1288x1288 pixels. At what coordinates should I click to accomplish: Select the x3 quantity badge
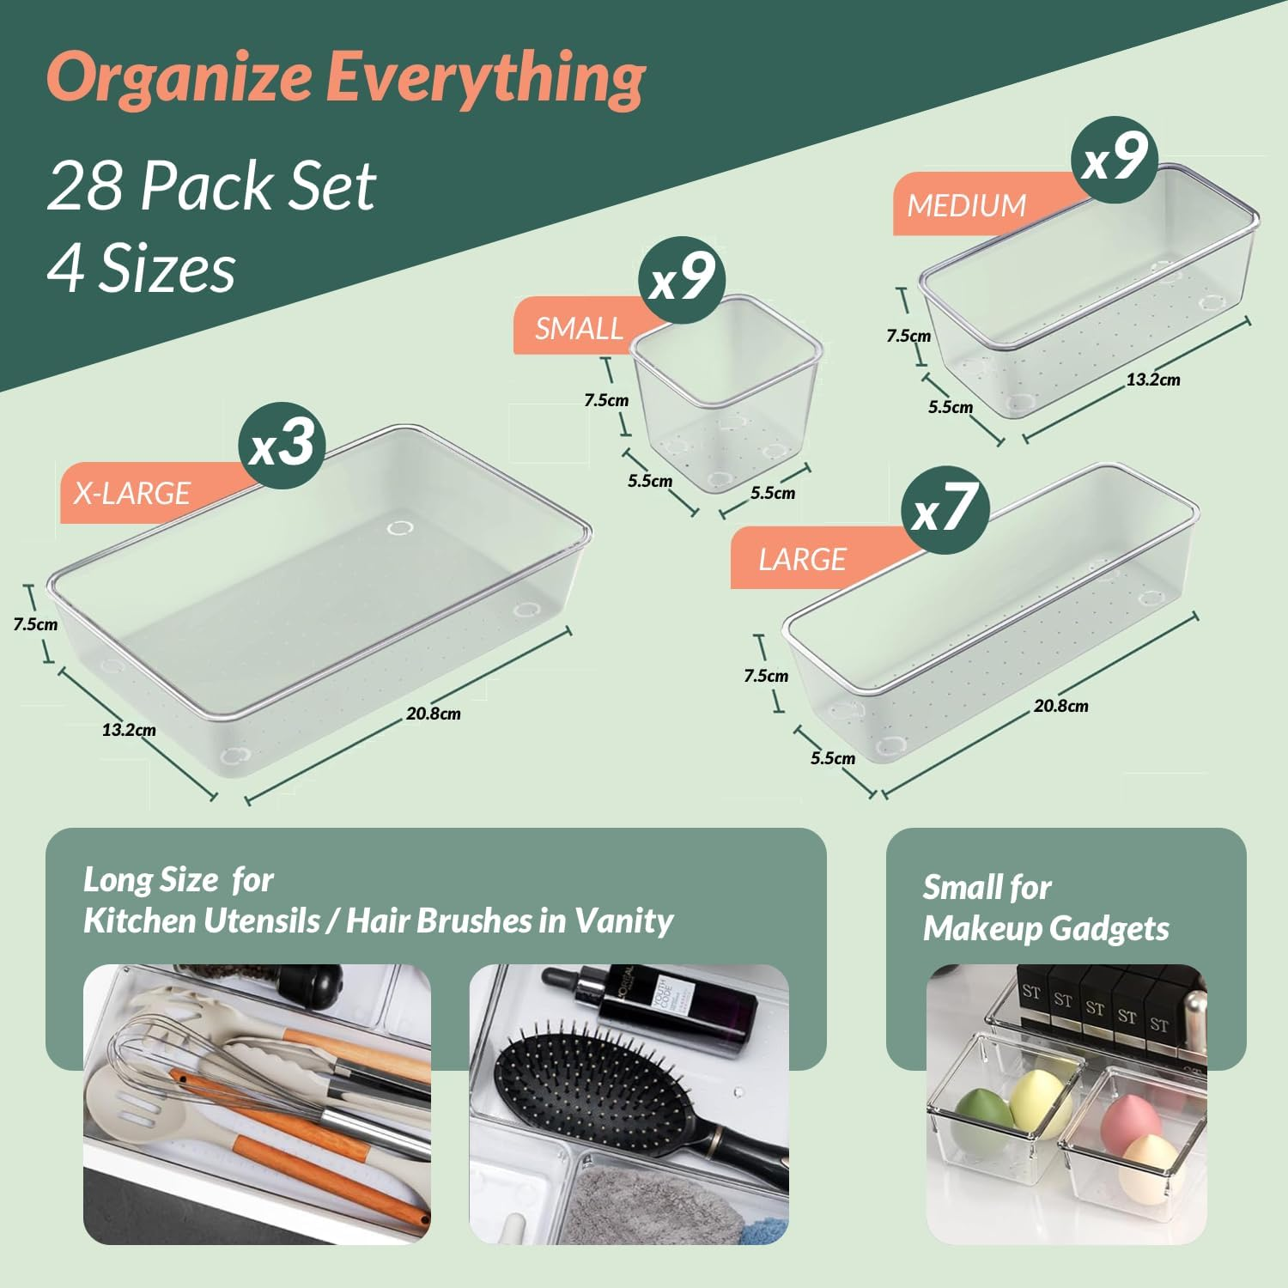[282, 445]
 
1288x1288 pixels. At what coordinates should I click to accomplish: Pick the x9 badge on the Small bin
[682, 279]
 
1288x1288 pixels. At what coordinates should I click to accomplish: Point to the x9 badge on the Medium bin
[1114, 160]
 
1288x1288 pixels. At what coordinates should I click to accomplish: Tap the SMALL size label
[579, 329]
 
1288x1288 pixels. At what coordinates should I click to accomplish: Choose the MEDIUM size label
[966, 206]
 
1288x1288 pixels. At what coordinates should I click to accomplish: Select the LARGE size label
[802, 560]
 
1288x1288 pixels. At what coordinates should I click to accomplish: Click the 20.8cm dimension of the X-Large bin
[434, 714]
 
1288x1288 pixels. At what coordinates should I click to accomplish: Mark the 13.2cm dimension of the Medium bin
[1153, 380]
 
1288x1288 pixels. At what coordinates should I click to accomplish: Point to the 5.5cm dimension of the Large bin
[833, 758]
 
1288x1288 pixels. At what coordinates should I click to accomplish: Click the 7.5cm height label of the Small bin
[606, 400]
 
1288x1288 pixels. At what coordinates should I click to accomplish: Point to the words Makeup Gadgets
[1046, 929]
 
